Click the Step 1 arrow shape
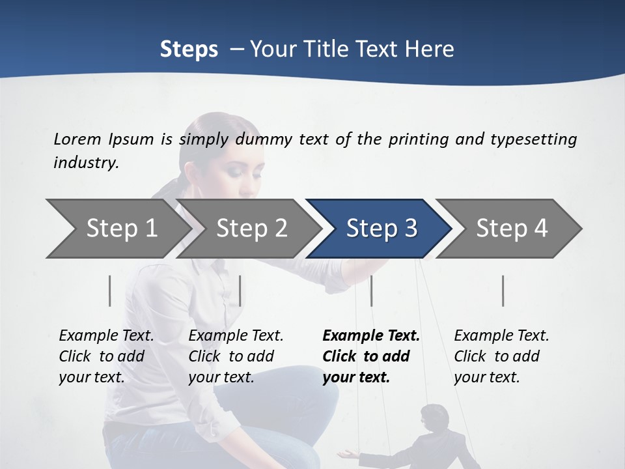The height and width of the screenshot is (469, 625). [x=117, y=229]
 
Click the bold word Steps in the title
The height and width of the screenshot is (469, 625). [x=189, y=50]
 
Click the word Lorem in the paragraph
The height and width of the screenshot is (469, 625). [x=77, y=139]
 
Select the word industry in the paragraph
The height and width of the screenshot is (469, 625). [x=85, y=163]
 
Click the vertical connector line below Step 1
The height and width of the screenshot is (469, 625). [x=110, y=291]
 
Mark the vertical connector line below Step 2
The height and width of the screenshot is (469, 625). [x=240, y=291]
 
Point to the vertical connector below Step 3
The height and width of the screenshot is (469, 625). [x=371, y=291]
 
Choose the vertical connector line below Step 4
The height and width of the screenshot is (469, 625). [x=503, y=291]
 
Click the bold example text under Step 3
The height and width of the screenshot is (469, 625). [x=370, y=356]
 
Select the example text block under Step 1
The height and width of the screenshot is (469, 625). [x=105, y=356]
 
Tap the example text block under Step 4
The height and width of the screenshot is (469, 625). [x=501, y=356]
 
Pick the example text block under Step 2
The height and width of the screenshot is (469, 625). [x=235, y=356]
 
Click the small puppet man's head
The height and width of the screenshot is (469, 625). [x=432, y=416]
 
